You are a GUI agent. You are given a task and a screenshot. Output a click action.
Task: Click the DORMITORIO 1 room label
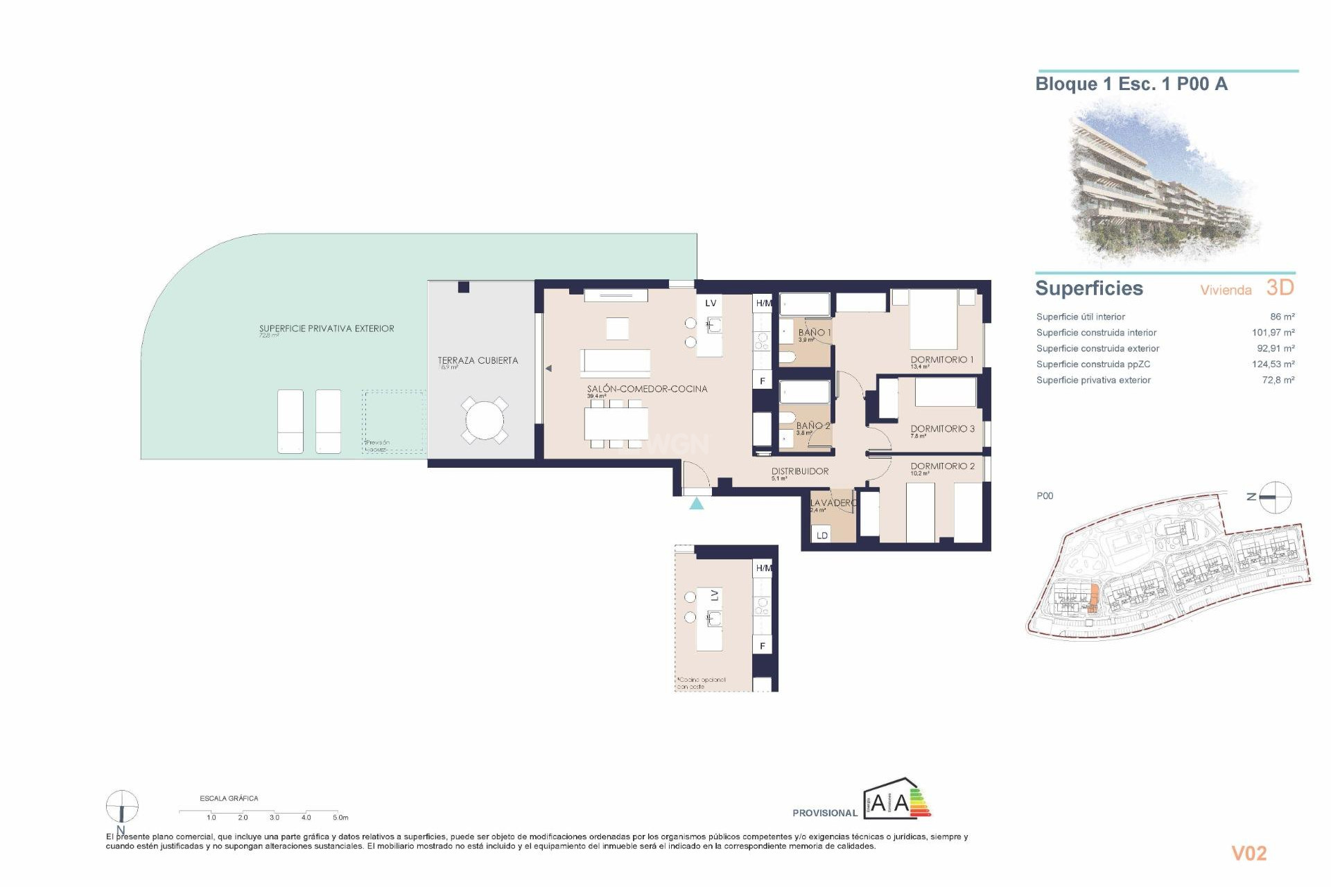(941, 360)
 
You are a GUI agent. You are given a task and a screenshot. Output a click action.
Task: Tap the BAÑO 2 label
(812, 425)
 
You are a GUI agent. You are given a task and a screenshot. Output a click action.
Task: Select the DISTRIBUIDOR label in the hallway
(799, 471)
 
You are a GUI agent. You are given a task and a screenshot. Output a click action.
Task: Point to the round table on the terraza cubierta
(485, 420)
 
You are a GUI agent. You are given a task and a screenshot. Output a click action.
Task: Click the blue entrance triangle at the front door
(697, 504)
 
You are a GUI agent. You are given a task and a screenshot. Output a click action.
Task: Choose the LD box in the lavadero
(821, 535)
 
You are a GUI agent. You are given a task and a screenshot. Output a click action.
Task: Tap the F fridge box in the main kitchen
(763, 381)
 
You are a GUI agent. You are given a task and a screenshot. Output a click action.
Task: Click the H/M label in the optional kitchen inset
(763, 568)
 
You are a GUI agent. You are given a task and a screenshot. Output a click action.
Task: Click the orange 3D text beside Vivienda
(1280, 288)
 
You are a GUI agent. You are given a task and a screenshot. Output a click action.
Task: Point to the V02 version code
(1249, 854)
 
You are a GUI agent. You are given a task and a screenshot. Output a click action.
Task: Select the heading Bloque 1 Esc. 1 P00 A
(1131, 85)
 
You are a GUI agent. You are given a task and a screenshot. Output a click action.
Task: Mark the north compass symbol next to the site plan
(1274, 497)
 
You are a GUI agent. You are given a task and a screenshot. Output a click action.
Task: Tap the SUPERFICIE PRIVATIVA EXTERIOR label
(327, 328)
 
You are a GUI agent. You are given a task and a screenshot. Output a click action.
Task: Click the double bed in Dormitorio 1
(933, 320)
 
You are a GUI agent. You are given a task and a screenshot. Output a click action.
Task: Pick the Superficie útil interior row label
(1080, 317)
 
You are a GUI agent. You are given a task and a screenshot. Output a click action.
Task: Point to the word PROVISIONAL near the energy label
(824, 813)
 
